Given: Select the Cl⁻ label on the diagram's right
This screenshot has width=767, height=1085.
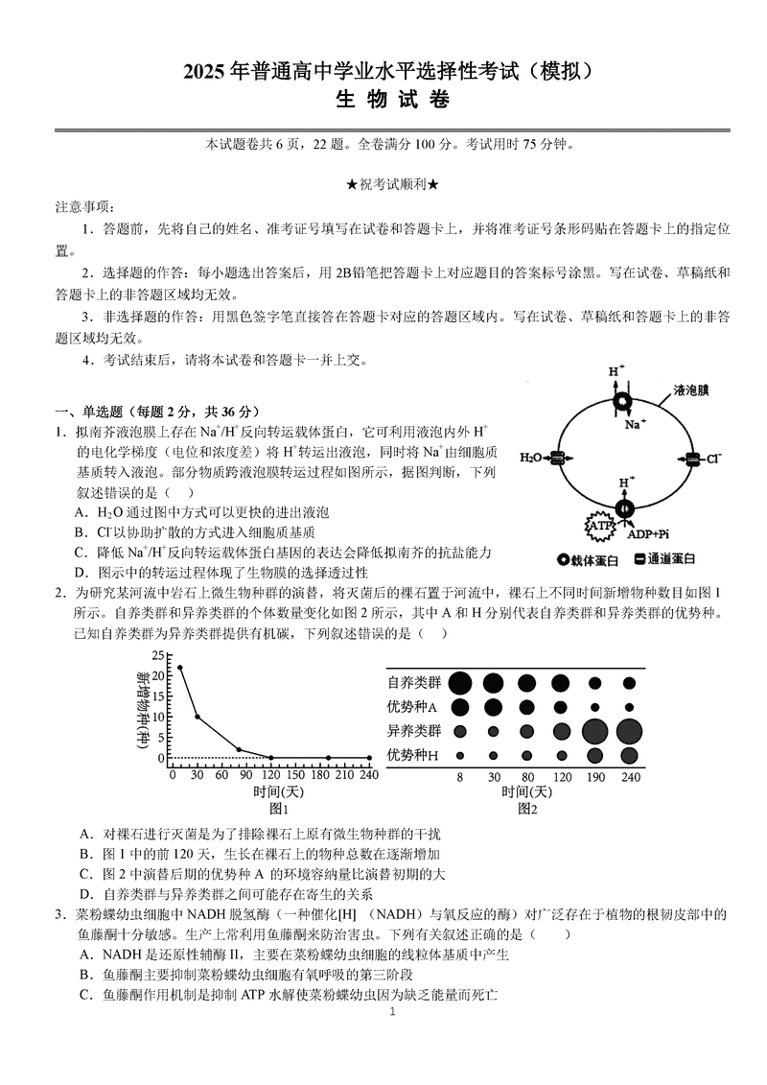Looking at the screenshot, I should (711, 460).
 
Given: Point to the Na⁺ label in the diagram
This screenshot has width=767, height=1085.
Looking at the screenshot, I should (635, 423).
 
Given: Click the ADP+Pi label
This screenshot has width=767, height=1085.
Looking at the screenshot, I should (648, 534).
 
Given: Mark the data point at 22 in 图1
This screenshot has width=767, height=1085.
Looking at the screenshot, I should (180, 667).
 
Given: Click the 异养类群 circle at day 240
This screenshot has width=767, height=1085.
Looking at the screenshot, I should (630, 731).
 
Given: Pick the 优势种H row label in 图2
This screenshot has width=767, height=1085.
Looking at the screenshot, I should (412, 755).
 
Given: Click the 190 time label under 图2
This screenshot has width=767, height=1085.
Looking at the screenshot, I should (594, 775).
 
